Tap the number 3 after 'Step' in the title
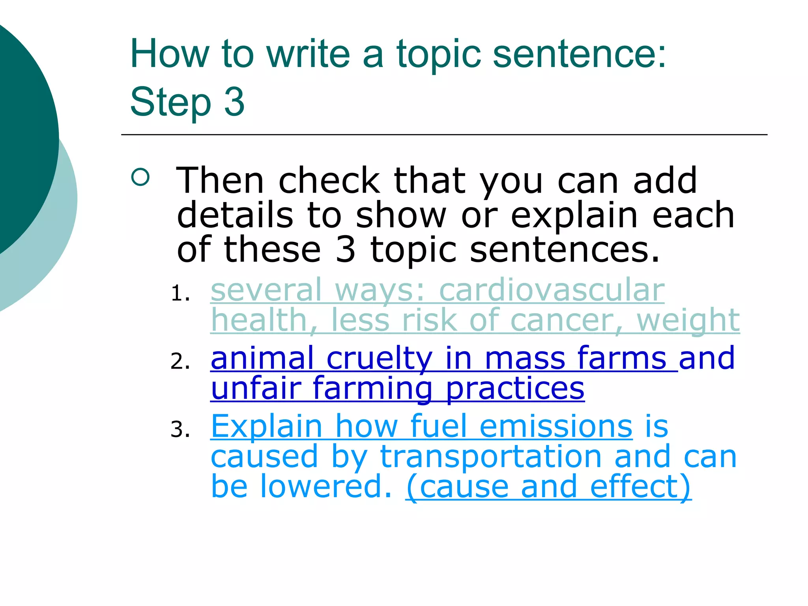click(234, 101)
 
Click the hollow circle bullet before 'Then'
click(140, 177)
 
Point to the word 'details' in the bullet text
click(235, 215)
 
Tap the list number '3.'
click(180, 430)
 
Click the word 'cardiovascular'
click(552, 290)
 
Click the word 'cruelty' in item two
click(379, 358)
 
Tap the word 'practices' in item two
click(515, 388)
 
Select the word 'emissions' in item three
click(556, 426)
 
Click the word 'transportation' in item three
click(490, 457)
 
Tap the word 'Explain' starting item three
click(267, 426)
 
